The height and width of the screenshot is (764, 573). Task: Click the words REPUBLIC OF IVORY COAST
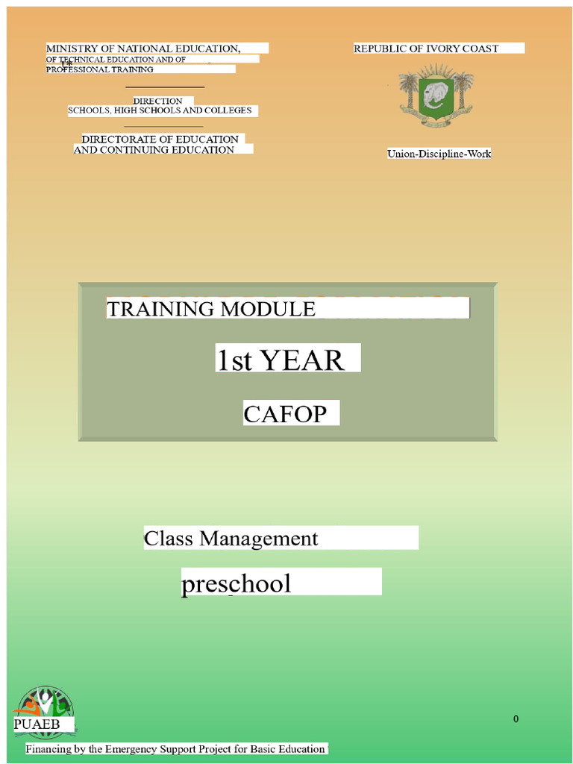tap(426, 48)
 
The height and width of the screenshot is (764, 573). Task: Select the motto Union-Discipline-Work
tap(439, 154)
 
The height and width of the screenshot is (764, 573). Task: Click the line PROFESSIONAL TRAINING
tap(100, 69)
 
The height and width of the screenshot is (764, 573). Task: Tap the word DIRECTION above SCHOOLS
tap(157, 101)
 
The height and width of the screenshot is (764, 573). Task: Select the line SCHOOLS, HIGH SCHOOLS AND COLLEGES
tap(160, 110)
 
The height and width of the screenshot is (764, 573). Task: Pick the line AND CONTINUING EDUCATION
tap(154, 150)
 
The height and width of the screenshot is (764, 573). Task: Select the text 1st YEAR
tap(280, 360)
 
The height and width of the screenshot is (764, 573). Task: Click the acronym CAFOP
tap(285, 413)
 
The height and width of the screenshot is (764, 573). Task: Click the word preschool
tap(236, 583)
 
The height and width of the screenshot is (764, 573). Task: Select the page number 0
tap(516, 719)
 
